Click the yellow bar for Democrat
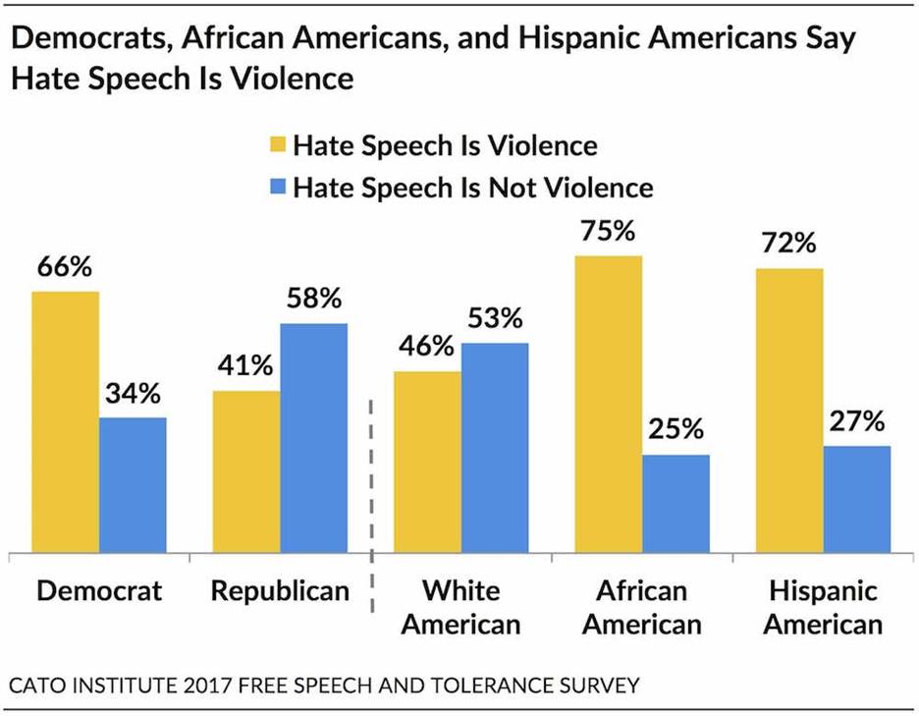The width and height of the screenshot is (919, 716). click(x=66, y=422)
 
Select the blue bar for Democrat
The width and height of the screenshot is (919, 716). click(x=133, y=485)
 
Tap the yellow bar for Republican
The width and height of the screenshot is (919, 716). click(x=246, y=472)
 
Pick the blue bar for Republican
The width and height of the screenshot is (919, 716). click(x=314, y=438)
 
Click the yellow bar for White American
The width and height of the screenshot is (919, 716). click(x=427, y=463)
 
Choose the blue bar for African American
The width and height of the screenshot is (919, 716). click(x=676, y=504)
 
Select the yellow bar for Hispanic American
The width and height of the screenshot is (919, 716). click(x=790, y=411)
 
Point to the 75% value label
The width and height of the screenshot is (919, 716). click(x=609, y=234)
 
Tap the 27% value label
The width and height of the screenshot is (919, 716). click(x=856, y=422)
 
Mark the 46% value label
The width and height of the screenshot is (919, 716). click(x=427, y=348)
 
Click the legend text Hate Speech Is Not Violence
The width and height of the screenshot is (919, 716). click(x=473, y=187)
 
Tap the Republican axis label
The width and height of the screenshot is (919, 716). click(x=280, y=591)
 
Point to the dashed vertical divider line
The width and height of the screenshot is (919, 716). click(x=372, y=501)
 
